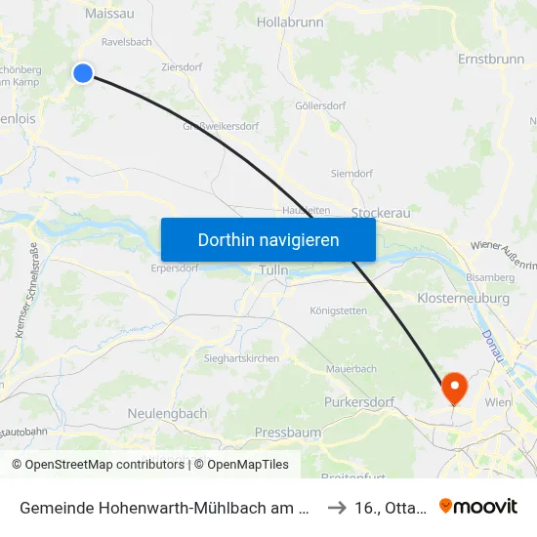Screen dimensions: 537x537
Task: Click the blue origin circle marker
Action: point(83,72)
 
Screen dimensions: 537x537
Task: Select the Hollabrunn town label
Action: point(289,21)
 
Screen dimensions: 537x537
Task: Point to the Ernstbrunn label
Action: point(490,59)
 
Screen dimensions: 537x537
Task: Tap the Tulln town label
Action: point(271,269)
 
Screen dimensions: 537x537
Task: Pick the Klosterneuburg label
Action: point(463,297)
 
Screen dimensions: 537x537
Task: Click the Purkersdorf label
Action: point(358,401)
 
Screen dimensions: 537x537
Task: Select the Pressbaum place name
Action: point(288,432)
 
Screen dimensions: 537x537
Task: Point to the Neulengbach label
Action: point(167,413)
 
